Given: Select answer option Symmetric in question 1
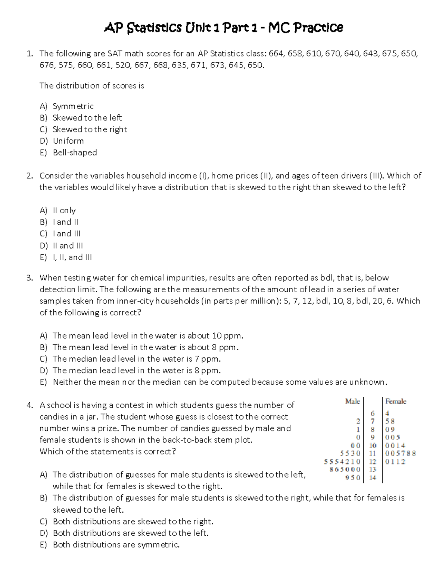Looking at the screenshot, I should (x=73, y=106).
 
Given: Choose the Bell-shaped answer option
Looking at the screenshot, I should (x=75, y=152).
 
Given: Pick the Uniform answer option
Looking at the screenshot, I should (x=68, y=141).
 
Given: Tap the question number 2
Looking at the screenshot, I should (x=30, y=176).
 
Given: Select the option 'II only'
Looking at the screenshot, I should (x=64, y=210).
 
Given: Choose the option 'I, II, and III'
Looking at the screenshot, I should (x=72, y=257).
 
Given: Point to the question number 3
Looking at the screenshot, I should (x=30, y=278).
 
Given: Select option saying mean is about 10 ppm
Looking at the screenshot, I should (x=148, y=336).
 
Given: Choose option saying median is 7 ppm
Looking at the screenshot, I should (x=137, y=359).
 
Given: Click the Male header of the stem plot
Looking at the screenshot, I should (x=352, y=401).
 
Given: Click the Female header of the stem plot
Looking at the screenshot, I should (x=396, y=401).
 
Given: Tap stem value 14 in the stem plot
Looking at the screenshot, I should (x=373, y=478).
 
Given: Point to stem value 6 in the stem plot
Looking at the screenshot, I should (x=373, y=413).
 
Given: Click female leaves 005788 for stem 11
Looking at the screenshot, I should (x=400, y=453).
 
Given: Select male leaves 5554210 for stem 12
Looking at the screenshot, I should (x=342, y=462).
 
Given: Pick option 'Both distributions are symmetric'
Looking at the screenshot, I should (x=116, y=545).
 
